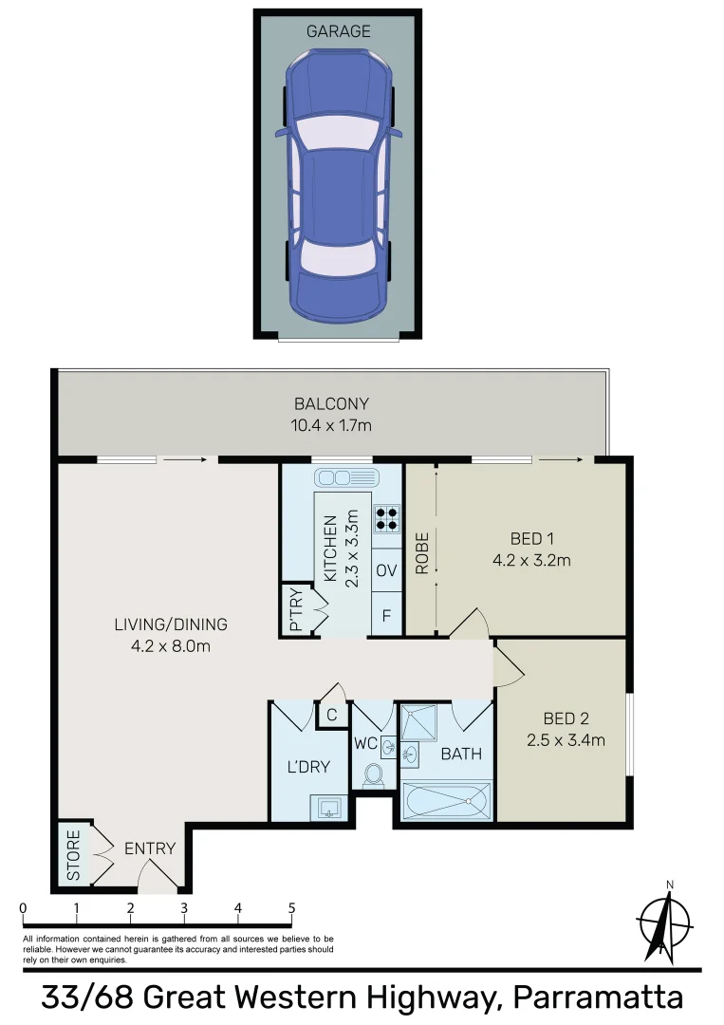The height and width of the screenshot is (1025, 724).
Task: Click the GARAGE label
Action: tap(338, 30)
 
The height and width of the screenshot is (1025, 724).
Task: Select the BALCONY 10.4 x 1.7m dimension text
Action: tap(331, 425)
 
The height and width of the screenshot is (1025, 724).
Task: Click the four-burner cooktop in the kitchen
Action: tap(387, 518)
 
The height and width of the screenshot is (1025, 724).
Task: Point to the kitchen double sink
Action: tap(346, 477)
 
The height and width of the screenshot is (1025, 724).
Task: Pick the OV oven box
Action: tap(386, 570)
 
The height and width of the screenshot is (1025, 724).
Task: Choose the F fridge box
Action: tap(386, 614)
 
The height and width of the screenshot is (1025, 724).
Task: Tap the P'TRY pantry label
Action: tap(295, 609)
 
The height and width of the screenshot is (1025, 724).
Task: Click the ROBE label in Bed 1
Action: tap(422, 553)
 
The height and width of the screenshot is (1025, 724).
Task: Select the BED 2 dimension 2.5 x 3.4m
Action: tap(566, 740)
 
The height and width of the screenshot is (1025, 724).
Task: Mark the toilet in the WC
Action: tap(373, 775)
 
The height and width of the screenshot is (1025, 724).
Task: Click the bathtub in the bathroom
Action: tap(446, 801)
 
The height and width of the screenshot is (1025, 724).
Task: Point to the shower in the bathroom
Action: tap(418, 722)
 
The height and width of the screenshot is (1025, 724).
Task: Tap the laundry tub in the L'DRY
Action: tap(328, 807)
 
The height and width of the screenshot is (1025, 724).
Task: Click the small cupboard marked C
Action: tap(332, 715)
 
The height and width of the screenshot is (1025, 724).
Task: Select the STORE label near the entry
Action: tap(73, 855)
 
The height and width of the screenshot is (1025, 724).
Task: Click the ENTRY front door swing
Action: tap(158, 875)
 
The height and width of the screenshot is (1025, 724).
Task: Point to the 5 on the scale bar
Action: tap(291, 908)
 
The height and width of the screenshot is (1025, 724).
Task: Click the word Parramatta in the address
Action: tap(598, 998)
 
